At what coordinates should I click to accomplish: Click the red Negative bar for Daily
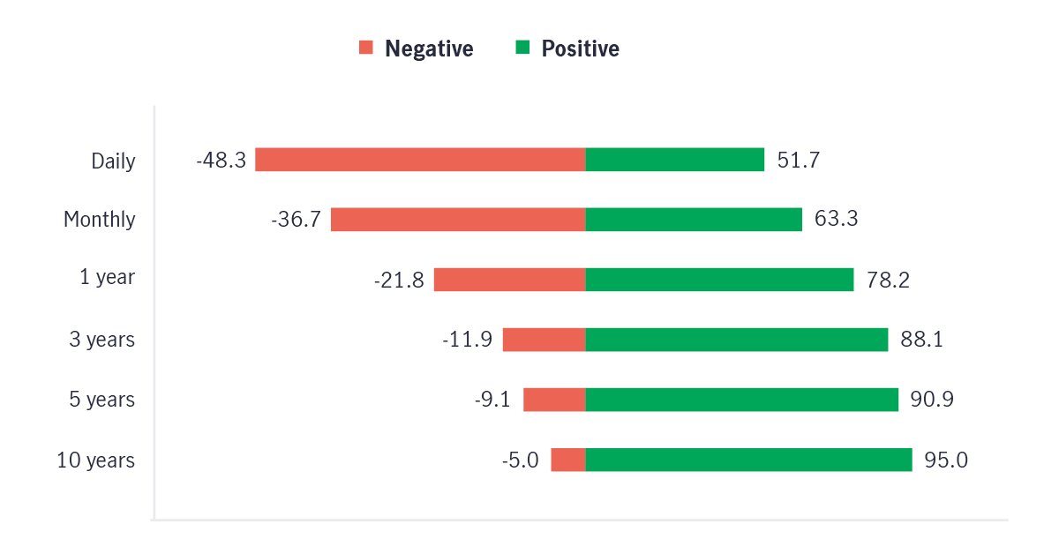(420, 160)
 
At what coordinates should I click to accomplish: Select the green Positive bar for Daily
(675, 160)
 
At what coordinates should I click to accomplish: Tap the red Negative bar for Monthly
(458, 220)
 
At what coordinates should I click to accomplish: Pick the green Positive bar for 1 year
(719, 280)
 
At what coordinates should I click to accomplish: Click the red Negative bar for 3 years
(544, 340)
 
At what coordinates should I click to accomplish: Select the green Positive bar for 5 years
(741, 400)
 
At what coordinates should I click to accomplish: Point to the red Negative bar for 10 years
(568, 460)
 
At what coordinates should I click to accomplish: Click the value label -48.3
(221, 161)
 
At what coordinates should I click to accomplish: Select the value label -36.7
(296, 220)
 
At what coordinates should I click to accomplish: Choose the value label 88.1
(921, 340)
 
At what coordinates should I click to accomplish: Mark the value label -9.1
(492, 400)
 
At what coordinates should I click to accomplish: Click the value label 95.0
(946, 460)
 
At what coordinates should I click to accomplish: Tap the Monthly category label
(99, 220)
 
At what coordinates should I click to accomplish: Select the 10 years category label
(96, 460)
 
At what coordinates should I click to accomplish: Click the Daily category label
(113, 161)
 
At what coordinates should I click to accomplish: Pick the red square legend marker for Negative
(366, 48)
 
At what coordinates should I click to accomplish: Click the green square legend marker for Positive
(522, 48)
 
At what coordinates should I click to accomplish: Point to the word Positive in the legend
(580, 49)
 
